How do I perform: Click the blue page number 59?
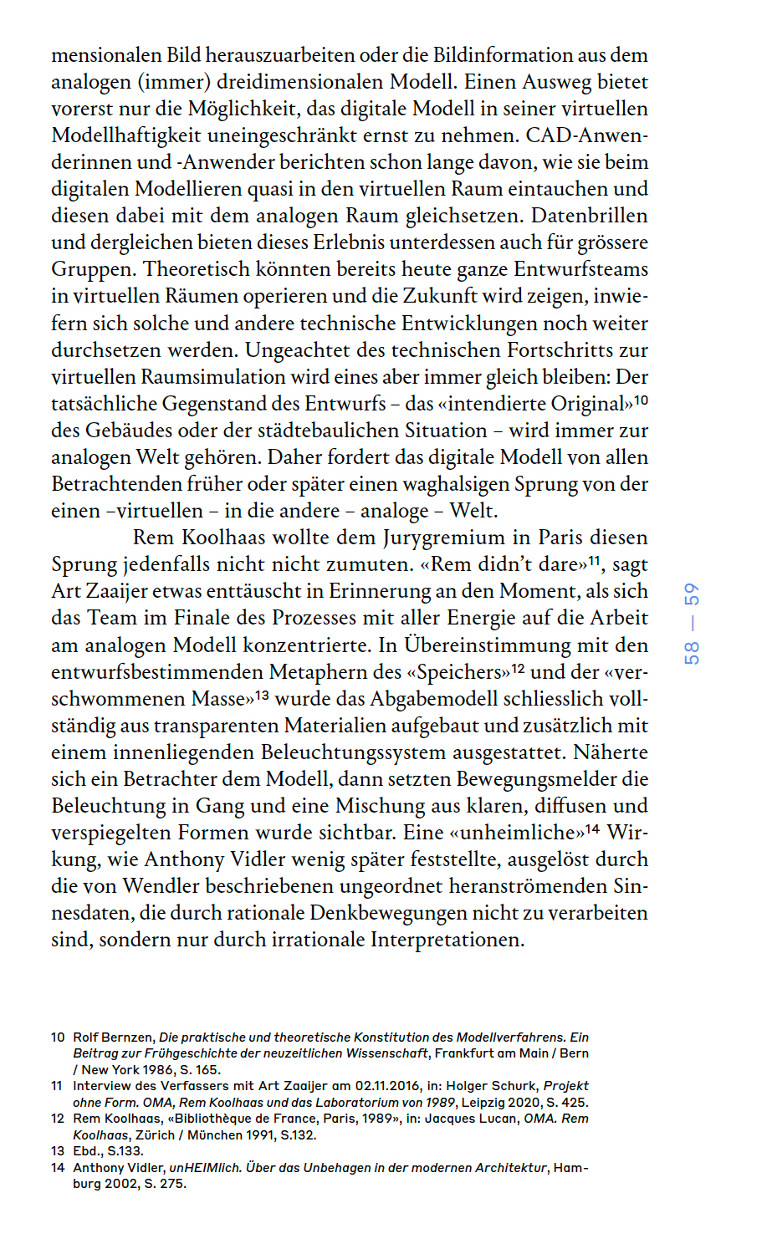(692, 595)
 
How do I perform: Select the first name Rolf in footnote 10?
(85, 1037)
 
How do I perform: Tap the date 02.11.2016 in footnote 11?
(387, 1086)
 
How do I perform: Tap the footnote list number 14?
(58, 1167)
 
